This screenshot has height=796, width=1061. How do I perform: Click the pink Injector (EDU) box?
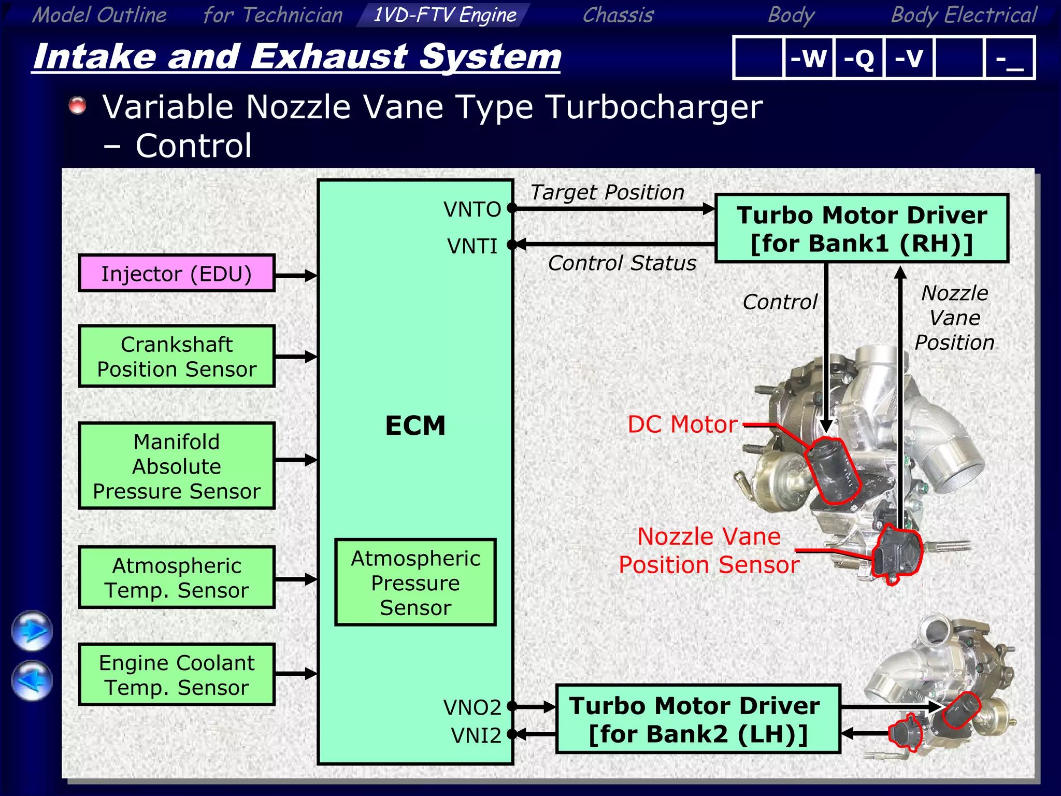[x=176, y=273]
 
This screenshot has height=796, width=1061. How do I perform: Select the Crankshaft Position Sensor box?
[x=176, y=357]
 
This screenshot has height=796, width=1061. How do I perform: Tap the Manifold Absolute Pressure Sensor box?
[x=176, y=466]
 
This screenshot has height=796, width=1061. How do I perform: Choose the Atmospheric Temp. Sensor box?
[x=176, y=577]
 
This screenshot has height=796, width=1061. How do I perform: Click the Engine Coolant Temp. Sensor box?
[x=176, y=675]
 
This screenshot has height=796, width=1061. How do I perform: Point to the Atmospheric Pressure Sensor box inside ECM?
[x=415, y=582]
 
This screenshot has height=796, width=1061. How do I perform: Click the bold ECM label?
[x=415, y=425]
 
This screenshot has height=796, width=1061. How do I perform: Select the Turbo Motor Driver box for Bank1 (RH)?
[x=862, y=229]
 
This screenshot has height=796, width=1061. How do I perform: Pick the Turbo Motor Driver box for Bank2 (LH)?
[x=697, y=719]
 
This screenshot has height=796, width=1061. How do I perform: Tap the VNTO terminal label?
[x=472, y=209]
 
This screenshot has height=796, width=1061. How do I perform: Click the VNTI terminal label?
[x=472, y=246]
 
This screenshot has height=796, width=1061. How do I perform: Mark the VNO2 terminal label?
[x=472, y=707]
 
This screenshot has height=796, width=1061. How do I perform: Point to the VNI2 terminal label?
[x=476, y=735]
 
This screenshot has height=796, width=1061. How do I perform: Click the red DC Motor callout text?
[x=682, y=424]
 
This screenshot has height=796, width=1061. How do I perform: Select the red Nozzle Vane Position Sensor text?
[x=709, y=550]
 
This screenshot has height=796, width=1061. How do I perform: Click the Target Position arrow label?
[x=607, y=192]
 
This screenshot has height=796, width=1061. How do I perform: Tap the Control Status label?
[x=622, y=263]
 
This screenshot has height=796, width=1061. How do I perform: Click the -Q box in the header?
[x=858, y=58]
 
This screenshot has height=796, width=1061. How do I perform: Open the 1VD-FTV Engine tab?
[x=445, y=15]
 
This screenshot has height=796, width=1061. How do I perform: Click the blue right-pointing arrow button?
[x=32, y=631]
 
